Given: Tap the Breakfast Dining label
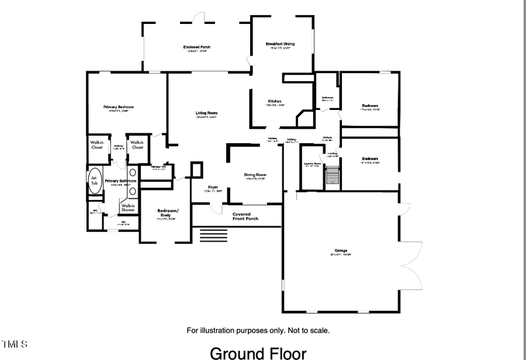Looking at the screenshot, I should [280, 44].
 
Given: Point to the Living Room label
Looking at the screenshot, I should [206, 112].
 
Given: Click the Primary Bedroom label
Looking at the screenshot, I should [119, 107].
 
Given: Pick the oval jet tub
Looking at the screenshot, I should [94, 179].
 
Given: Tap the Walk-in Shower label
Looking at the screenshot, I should [128, 207].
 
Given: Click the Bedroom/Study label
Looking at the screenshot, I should [168, 212].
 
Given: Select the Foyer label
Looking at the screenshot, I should [213, 187].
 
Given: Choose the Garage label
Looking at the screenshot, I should [342, 250].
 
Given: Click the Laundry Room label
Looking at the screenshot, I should [313, 164].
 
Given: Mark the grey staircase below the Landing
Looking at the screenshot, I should [333, 175].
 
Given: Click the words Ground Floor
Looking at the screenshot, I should [258, 352].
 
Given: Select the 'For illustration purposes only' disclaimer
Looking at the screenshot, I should [258, 330].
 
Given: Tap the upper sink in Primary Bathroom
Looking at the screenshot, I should [133, 173].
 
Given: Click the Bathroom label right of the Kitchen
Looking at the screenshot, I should [327, 98].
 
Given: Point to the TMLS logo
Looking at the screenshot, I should [14, 344].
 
